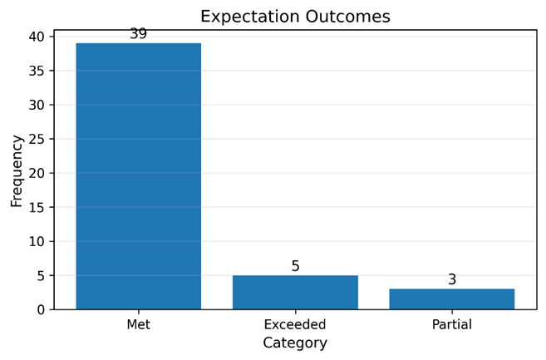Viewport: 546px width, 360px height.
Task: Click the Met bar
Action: pos(139,176)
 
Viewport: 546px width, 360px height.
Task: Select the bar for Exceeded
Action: pos(295,293)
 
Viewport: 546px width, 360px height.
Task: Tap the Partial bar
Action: pos(452,299)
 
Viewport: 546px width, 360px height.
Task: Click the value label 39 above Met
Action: pos(139,34)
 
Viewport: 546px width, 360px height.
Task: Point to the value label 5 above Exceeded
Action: pos(295,266)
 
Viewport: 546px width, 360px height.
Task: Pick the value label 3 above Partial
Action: pos(452,279)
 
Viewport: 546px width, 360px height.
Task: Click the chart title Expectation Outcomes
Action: pos(295,17)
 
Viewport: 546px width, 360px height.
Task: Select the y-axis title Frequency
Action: pos(17,171)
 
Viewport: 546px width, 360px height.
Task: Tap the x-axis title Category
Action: pos(295,343)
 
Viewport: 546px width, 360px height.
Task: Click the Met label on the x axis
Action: pos(139,324)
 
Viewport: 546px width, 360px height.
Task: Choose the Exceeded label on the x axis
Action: pos(295,324)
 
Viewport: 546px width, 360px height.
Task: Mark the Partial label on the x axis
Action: pos(452,324)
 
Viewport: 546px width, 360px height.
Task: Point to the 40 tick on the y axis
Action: pos(37,37)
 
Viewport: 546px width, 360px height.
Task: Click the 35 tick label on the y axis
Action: pos(37,71)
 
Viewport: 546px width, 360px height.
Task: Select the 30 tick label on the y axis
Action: pos(37,105)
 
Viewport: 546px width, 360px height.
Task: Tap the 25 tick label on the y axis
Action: pos(37,139)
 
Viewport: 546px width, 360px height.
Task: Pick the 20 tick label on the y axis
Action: pos(37,173)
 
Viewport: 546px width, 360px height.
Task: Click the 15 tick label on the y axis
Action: pos(37,207)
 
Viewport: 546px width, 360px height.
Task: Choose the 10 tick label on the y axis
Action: pos(37,241)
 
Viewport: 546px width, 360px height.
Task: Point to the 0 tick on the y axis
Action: pos(41,310)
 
